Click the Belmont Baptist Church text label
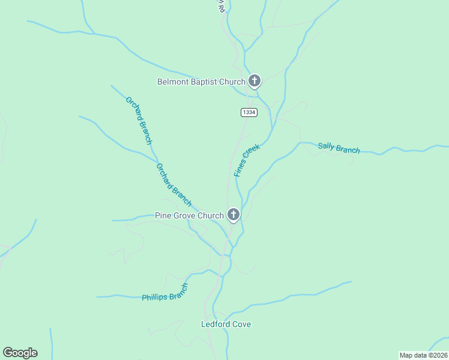201,82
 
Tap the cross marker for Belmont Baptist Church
255,80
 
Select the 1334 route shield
249,112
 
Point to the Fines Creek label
247,160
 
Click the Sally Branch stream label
339,148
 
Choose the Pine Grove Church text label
189,215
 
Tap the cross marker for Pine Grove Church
233,214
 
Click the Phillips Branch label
165,293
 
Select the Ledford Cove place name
225,324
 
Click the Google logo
20,353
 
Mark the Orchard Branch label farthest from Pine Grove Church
139,120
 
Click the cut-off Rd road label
220,6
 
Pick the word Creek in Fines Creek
252,152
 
